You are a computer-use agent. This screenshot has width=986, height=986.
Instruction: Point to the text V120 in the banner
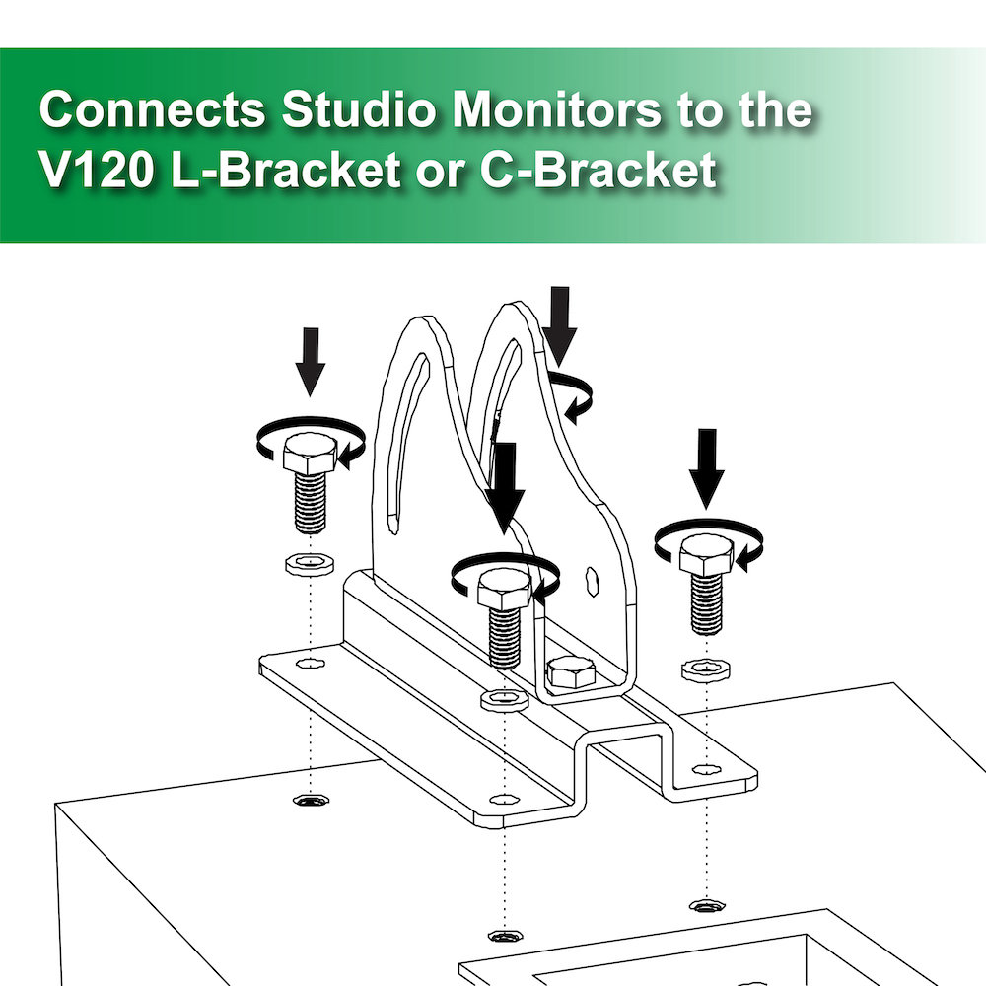pos(96,171)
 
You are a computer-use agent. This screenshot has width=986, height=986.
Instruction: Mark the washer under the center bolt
pos(504,700)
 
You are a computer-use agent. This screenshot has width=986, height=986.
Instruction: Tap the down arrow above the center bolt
pos(506,484)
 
